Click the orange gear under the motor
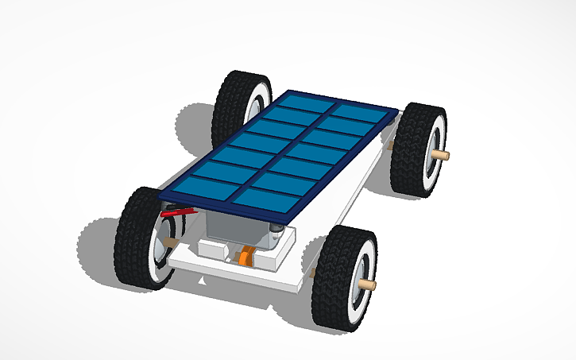point(248,257)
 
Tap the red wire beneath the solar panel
point(178,212)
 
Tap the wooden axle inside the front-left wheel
point(168,242)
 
